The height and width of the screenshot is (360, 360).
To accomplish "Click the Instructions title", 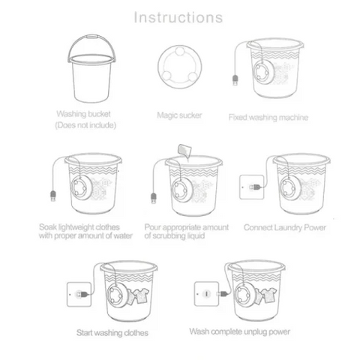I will (x=178, y=16).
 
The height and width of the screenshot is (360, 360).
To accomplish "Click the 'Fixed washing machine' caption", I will (x=268, y=117).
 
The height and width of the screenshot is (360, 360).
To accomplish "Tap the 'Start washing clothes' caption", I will (x=112, y=331).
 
